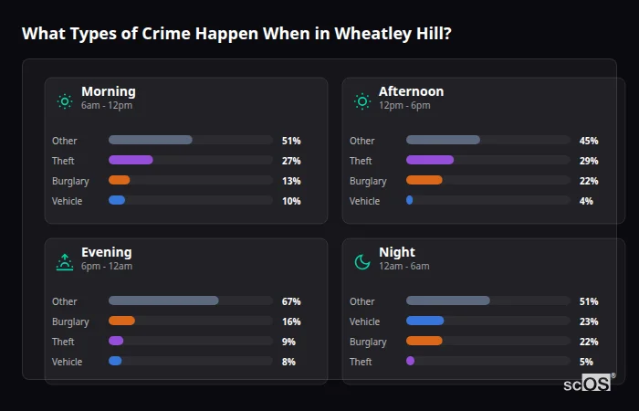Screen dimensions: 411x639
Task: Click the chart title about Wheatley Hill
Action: (x=236, y=34)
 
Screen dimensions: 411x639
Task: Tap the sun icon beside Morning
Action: (x=65, y=101)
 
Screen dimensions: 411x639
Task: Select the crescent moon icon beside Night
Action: (x=362, y=262)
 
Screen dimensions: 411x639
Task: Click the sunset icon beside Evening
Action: (x=65, y=262)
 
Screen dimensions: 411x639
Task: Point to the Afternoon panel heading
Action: (x=411, y=91)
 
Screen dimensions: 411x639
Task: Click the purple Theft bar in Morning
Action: (x=131, y=160)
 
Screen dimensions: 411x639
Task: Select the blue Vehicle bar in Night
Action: (x=424, y=321)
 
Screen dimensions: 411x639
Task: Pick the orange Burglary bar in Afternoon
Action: (x=424, y=180)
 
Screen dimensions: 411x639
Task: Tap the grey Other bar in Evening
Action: (x=163, y=300)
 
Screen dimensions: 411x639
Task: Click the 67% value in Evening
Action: (x=291, y=301)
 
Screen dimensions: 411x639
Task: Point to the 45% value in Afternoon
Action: (x=589, y=141)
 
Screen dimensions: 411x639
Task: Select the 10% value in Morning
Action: (x=291, y=201)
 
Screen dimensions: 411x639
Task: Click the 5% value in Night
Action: (x=586, y=362)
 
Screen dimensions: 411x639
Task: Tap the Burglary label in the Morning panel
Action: (x=70, y=181)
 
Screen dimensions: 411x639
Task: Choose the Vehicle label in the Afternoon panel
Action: (x=364, y=201)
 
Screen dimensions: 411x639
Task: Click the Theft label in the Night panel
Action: (x=361, y=362)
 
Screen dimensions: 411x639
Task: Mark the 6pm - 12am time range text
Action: (x=107, y=267)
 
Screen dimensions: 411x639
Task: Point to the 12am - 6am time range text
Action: (x=403, y=267)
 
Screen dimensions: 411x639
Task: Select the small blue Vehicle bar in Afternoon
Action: (x=409, y=200)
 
